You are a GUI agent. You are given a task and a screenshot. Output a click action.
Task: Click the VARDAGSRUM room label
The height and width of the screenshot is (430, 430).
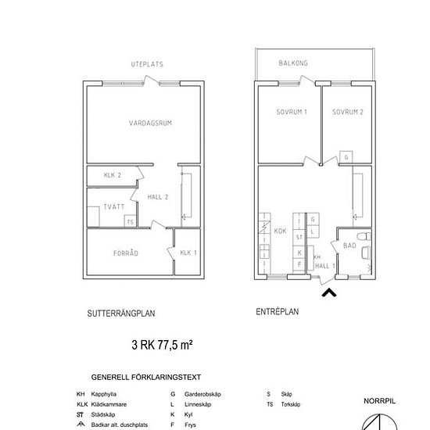(x=150, y=123)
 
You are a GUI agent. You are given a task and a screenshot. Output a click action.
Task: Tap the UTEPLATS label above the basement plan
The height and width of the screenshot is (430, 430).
(x=147, y=64)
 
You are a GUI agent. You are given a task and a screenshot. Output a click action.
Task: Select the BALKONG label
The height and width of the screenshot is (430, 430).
(x=293, y=63)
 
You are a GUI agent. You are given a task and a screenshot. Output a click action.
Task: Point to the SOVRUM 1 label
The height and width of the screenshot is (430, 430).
(x=292, y=112)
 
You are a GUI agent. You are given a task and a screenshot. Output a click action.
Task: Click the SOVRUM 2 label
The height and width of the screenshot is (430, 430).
(x=347, y=112)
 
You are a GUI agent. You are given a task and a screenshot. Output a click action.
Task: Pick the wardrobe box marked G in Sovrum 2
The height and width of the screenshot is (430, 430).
(x=346, y=157)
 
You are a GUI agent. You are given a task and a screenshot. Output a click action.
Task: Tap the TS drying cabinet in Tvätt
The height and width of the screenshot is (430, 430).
(x=131, y=221)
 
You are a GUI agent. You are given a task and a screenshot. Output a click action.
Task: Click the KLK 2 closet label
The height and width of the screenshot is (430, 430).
(x=113, y=175)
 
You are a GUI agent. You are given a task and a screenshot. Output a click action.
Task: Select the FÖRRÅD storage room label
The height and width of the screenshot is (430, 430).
(x=126, y=253)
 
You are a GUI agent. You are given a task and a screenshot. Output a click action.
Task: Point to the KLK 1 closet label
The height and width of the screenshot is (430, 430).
(x=188, y=253)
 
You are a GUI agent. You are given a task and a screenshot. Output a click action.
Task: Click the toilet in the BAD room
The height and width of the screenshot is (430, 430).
(x=364, y=236)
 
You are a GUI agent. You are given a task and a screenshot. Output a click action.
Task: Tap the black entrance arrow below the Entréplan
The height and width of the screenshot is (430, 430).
(x=329, y=292)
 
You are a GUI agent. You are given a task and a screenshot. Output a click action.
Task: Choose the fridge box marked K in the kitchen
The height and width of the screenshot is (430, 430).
(x=299, y=253)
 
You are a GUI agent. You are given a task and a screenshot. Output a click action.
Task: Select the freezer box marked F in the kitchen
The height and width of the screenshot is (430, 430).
(x=299, y=264)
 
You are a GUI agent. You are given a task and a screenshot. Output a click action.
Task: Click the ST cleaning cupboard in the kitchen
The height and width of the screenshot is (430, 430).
(x=299, y=237)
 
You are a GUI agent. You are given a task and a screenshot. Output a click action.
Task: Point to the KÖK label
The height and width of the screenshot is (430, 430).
(x=280, y=231)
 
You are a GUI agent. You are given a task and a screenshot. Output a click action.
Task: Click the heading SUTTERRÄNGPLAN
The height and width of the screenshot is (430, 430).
(x=121, y=314)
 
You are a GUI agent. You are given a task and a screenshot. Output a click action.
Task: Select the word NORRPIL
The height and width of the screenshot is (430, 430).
(x=379, y=401)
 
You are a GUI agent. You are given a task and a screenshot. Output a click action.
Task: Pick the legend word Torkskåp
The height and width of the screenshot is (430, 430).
(x=291, y=404)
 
